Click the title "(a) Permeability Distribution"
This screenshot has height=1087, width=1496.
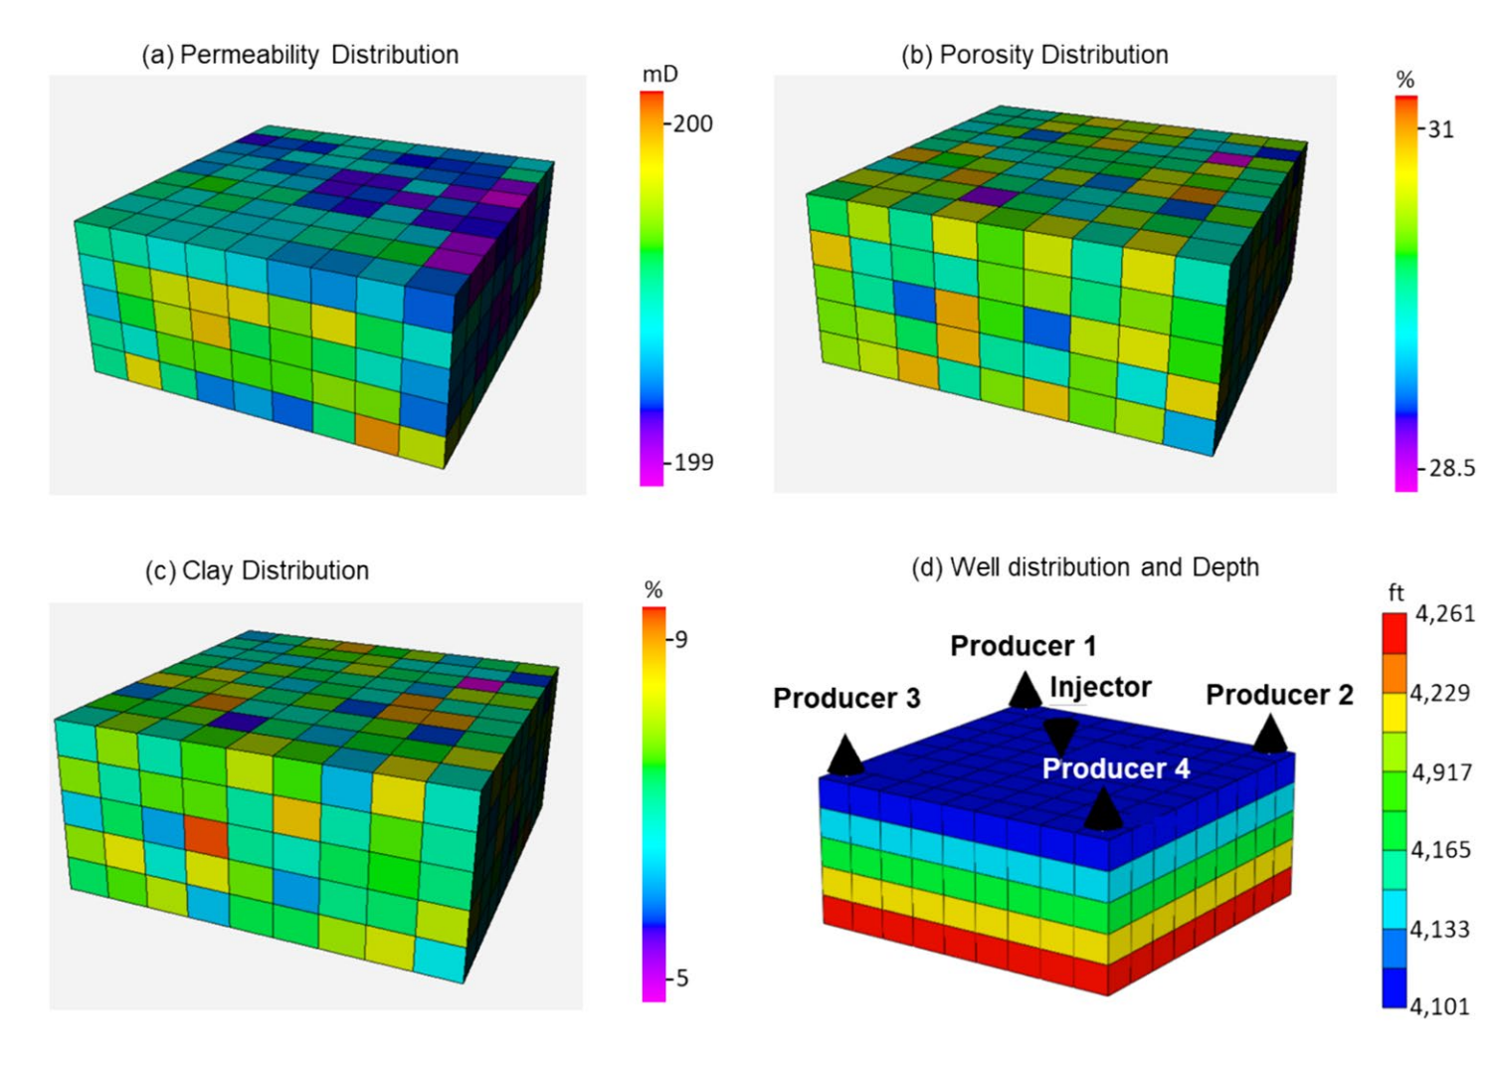pos(299,55)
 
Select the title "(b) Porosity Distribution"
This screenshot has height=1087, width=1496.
pos(1034,55)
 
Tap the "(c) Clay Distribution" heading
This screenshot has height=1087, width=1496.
pos(257,570)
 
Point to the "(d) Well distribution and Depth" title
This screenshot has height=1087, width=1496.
pos(1085,567)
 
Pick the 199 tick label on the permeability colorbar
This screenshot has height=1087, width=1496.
pos(693,462)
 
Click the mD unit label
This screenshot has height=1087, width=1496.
pos(659,75)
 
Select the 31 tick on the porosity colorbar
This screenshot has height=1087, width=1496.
pos(1441,128)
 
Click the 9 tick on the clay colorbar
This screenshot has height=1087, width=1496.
pos(681,639)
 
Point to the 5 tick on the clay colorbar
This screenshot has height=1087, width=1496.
pos(681,978)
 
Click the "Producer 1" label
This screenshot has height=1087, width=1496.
pos(1023,646)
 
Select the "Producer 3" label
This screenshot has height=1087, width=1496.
pos(846,699)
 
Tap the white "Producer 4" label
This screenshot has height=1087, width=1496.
pos(1116,768)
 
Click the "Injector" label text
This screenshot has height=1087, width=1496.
pos(1100,687)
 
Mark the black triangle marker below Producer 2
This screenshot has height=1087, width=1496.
pos(1270,735)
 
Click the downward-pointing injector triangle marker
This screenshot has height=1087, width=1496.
pos(1060,737)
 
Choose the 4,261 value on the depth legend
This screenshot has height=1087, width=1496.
pos(1444,614)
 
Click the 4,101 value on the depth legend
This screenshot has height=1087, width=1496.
pos(1439,1006)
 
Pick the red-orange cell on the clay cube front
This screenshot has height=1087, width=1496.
pos(207,836)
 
